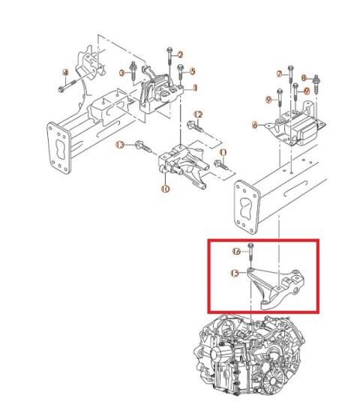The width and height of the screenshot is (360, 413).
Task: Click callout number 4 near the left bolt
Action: (65, 73)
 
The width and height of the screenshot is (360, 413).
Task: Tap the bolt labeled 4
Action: (60, 87)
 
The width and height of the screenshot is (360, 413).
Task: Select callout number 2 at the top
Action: (181, 55)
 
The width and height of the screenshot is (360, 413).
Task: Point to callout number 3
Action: (122, 73)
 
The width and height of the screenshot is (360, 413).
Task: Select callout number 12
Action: (198, 114)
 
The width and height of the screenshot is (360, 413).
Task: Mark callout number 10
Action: (164, 190)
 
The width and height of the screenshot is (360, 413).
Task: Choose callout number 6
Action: (255, 124)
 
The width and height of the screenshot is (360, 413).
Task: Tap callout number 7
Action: (279, 74)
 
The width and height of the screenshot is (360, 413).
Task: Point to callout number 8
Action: (304, 77)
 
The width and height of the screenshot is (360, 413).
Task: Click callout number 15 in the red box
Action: (235, 274)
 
